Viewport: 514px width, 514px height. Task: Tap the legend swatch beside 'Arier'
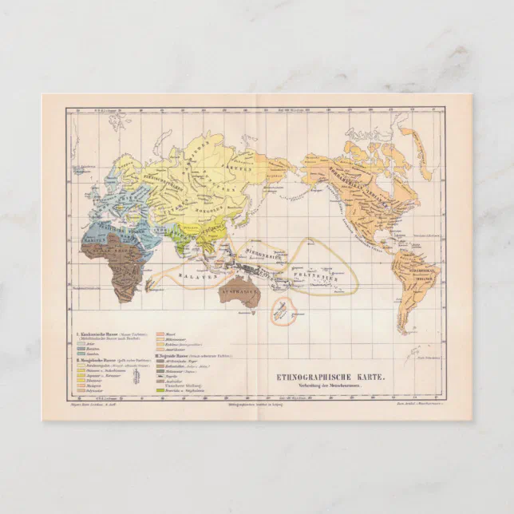point(81,343)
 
